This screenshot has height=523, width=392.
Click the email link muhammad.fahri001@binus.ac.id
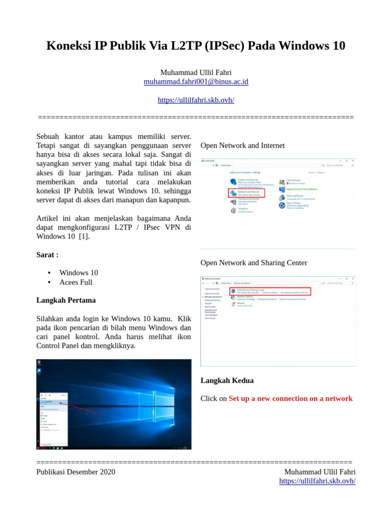(x=196, y=82)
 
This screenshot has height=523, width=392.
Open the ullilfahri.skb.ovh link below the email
(x=196, y=100)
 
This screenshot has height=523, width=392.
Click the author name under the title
(x=196, y=72)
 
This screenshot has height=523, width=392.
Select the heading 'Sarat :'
(x=47, y=254)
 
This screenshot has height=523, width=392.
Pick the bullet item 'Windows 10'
(x=79, y=273)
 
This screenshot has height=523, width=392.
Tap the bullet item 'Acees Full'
(x=76, y=282)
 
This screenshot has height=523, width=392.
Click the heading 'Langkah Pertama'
(x=66, y=300)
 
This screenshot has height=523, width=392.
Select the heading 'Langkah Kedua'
(x=227, y=381)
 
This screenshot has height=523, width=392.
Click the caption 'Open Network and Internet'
(x=242, y=146)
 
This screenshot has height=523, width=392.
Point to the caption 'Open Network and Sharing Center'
(x=254, y=263)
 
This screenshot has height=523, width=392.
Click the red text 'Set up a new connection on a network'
(x=290, y=398)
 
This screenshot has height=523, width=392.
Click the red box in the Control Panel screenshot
(x=247, y=194)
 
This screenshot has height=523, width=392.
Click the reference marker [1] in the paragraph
(x=84, y=236)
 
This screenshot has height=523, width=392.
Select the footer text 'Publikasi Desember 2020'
(x=76, y=472)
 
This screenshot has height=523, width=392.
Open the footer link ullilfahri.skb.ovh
(x=317, y=481)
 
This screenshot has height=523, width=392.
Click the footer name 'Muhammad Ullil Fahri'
(x=320, y=472)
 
